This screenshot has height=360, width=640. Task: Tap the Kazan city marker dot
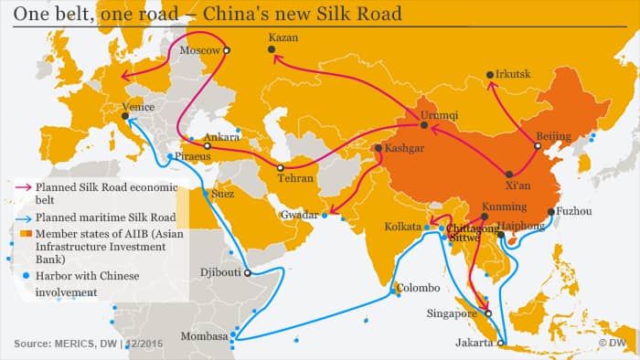point(272,53)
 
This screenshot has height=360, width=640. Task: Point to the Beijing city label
point(553,136)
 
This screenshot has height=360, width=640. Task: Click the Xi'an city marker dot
point(510,175)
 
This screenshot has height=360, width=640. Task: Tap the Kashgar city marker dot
point(379,148)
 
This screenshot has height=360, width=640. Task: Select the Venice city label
point(137,106)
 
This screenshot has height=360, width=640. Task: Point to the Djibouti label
point(220,272)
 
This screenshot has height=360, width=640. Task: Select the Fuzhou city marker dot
point(551,212)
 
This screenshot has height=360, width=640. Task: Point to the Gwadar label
point(300,217)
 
